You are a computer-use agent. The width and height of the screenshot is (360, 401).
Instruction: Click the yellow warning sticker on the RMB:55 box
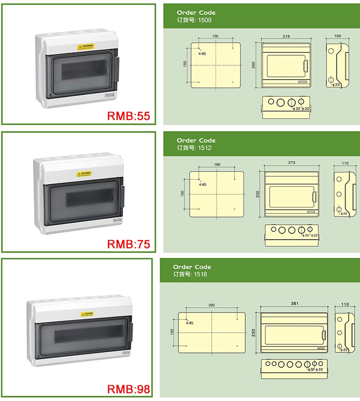tap(85, 47)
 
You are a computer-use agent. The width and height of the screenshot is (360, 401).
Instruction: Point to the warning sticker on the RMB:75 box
tap(84, 174)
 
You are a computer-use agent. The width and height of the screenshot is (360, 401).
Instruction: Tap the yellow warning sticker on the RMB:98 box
tap(86, 314)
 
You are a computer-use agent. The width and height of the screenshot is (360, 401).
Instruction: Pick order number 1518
tap(201, 274)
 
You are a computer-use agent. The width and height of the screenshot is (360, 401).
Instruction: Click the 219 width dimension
tap(286, 36)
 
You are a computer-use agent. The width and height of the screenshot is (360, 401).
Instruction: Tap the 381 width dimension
tap(293, 303)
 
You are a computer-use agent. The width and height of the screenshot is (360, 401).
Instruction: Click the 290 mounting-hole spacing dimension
tap(211, 305)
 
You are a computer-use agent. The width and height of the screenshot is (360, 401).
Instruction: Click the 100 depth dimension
tap(337, 36)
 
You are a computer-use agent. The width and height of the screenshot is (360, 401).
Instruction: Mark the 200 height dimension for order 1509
tap(253, 65)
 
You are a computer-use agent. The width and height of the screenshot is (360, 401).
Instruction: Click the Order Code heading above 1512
tap(196, 141)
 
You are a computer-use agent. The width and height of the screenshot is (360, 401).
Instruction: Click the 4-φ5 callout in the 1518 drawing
tap(189, 323)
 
